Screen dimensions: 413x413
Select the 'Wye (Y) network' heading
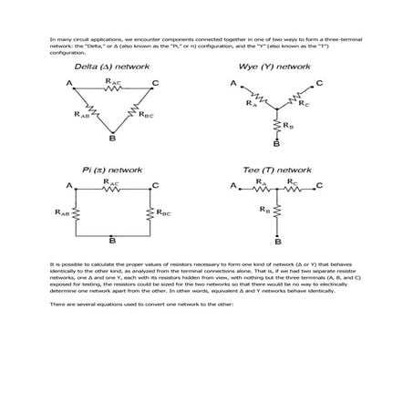tap(274, 68)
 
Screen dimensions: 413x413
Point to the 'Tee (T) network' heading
tap(274, 170)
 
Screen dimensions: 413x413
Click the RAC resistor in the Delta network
tap(111, 86)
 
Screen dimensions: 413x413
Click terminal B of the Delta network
tap(112, 139)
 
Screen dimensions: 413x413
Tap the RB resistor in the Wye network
tap(275, 124)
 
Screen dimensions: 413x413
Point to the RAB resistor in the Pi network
tap(75, 213)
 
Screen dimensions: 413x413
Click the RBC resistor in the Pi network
tap(149, 213)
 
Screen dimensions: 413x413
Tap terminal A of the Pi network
tap(69, 186)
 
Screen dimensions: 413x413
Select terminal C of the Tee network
tap(320, 186)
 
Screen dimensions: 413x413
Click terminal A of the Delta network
tap(69, 84)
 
